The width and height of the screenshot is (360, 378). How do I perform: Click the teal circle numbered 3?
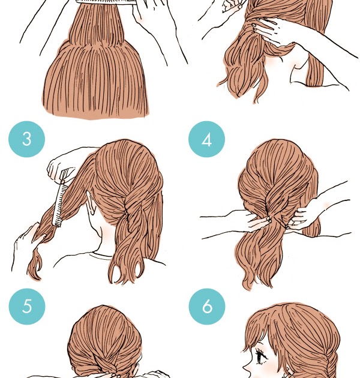[27, 139]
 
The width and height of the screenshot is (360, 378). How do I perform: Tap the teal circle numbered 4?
[206, 139]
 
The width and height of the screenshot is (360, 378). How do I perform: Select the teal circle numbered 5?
[27, 307]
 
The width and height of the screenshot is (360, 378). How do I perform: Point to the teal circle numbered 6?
[207, 307]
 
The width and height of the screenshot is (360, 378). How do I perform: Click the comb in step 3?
[61, 197]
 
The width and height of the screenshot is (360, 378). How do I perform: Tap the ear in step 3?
[91, 203]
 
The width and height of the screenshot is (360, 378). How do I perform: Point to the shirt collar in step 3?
[101, 256]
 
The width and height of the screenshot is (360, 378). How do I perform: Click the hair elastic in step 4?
[269, 220]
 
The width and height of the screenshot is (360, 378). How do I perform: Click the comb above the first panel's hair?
[106, 1]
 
